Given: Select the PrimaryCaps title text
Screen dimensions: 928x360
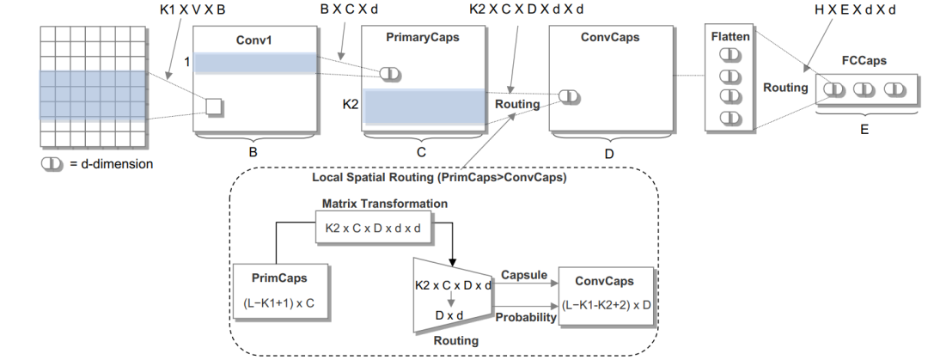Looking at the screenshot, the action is tap(423, 38).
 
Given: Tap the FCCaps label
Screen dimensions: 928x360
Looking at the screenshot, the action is tap(864, 61).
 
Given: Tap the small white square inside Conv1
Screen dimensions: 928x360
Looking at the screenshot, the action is tap(213, 107).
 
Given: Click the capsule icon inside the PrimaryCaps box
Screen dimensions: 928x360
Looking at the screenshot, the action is tap(390, 74).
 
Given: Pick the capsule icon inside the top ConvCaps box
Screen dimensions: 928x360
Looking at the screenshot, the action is tap(568, 96).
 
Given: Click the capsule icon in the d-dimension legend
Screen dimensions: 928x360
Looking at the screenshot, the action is tap(52, 164).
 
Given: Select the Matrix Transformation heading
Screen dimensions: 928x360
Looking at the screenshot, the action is tap(385, 204).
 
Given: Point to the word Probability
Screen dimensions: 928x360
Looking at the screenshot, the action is tap(526, 318).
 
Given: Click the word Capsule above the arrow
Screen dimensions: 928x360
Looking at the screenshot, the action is tap(524, 275).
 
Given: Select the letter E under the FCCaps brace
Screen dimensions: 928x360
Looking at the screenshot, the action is tap(864, 129).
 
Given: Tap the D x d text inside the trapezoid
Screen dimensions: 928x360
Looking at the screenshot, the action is tap(449, 315).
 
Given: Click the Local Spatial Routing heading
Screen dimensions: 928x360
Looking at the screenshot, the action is tap(439, 177).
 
